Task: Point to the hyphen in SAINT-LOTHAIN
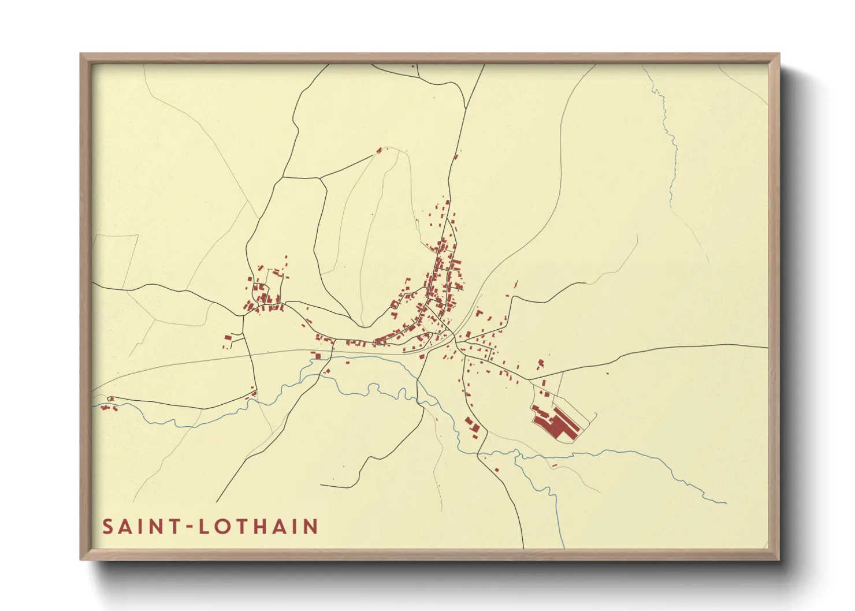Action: click(x=188, y=527)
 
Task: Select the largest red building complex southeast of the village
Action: click(x=555, y=424)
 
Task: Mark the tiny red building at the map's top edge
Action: click(x=412, y=66)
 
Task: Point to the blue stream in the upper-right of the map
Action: click(x=670, y=150)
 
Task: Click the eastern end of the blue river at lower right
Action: click(x=725, y=502)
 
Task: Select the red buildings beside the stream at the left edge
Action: click(x=107, y=406)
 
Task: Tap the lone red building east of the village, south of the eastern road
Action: click(x=607, y=374)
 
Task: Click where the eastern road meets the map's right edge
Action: click(x=767, y=348)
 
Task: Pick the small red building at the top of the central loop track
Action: click(x=380, y=150)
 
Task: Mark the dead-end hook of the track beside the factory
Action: click(x=595, y=413)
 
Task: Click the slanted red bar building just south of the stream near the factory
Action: click(x=555, y=465)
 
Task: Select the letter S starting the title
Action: click(x=107, y=527)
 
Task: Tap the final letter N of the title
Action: click(x=311, y=527)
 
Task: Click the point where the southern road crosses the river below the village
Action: click(x=479, y=454)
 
